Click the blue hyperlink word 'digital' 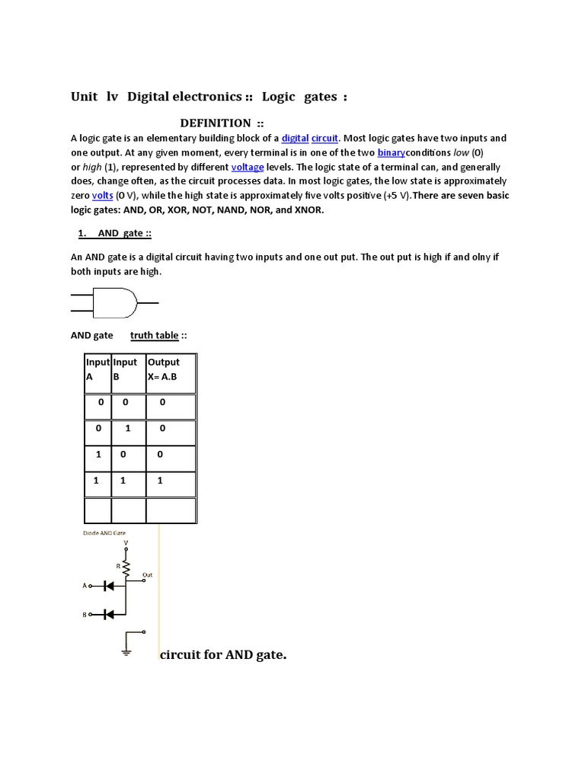(295, 139)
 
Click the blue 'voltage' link (247, 168)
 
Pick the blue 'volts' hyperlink (102, 196)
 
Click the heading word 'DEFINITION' (215, 123)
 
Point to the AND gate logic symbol (114, 303)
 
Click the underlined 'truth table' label (154, 335)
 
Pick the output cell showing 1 (160, 481)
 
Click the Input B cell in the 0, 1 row (128, 429)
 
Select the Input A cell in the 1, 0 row (97, 455)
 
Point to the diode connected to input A (108, 586)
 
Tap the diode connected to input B (108, 614)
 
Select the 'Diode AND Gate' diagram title (104, 533)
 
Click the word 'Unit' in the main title (85, 97)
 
